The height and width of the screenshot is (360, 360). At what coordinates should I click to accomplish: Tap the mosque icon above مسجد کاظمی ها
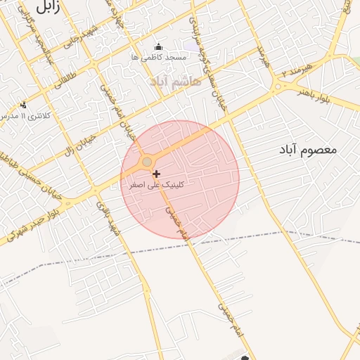[x=157, y=48]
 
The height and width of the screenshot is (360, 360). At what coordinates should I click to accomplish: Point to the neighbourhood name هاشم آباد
[x=175, y=82]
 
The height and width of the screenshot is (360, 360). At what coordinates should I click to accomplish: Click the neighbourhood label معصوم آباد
[x=307, y=150]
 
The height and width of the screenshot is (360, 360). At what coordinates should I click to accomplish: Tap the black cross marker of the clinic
[x=156, y=174]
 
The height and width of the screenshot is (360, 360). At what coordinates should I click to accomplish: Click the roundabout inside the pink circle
[x=147, y=162]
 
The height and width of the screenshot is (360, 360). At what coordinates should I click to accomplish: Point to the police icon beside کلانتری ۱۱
[x=23, y=105]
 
